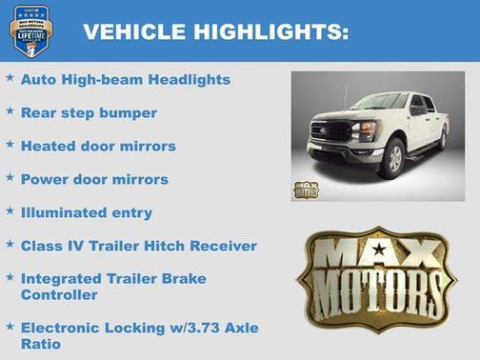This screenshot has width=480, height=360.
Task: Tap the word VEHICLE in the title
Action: click(136, 32)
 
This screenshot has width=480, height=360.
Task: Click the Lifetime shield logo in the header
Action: click(30, 30)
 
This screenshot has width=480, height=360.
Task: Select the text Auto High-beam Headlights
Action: click(126, 80)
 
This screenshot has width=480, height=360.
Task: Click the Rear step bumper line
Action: click(89, 113)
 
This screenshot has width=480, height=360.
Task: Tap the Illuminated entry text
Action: click(86, 212)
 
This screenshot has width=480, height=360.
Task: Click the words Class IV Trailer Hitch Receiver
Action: click(139, 246)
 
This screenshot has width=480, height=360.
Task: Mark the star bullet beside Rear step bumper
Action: click(10, 111)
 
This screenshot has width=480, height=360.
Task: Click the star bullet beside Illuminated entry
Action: click(10, 210)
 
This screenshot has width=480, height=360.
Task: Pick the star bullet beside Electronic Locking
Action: click(10, 325)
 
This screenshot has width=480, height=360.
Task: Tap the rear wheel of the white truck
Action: click(442, 138)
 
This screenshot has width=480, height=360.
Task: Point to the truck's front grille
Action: click(332, 131)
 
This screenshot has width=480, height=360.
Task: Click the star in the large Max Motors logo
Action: click(379, 250)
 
